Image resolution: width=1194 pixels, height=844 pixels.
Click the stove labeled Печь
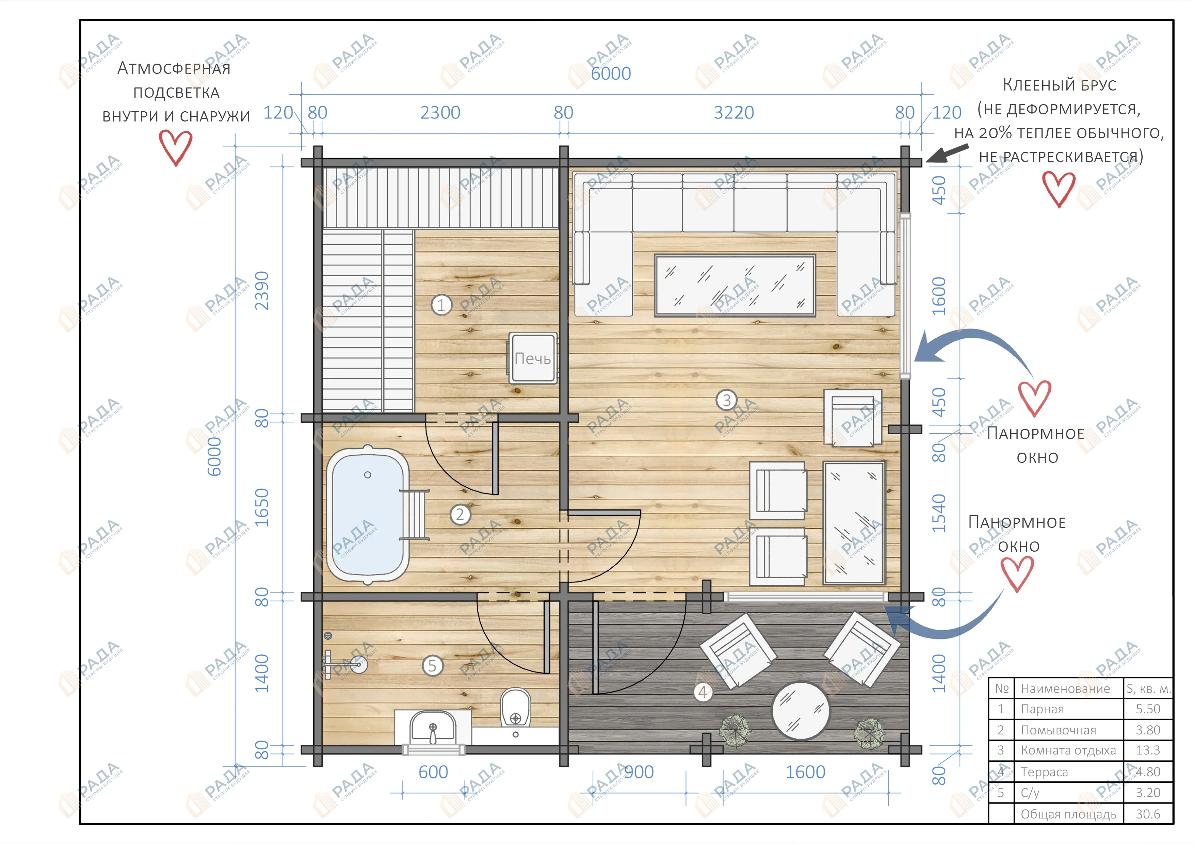pos(533,358)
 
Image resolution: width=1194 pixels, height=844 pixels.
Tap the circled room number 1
pos(441,305)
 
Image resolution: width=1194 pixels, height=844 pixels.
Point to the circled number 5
pos(432,666)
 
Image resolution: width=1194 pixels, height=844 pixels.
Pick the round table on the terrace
pos(801,710)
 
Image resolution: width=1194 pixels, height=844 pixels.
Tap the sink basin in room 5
pos(433,727)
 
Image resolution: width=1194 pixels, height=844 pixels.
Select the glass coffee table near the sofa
pos(735,286)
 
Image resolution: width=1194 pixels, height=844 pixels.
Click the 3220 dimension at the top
pos(734,112)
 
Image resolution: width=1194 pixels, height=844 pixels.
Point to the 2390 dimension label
pos(262,290)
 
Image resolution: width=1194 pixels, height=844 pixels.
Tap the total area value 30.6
pos(1148,814)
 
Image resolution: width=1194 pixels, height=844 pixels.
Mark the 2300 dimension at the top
pos(440,112)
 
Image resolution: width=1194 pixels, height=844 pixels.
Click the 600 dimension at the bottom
pos(433,772)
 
